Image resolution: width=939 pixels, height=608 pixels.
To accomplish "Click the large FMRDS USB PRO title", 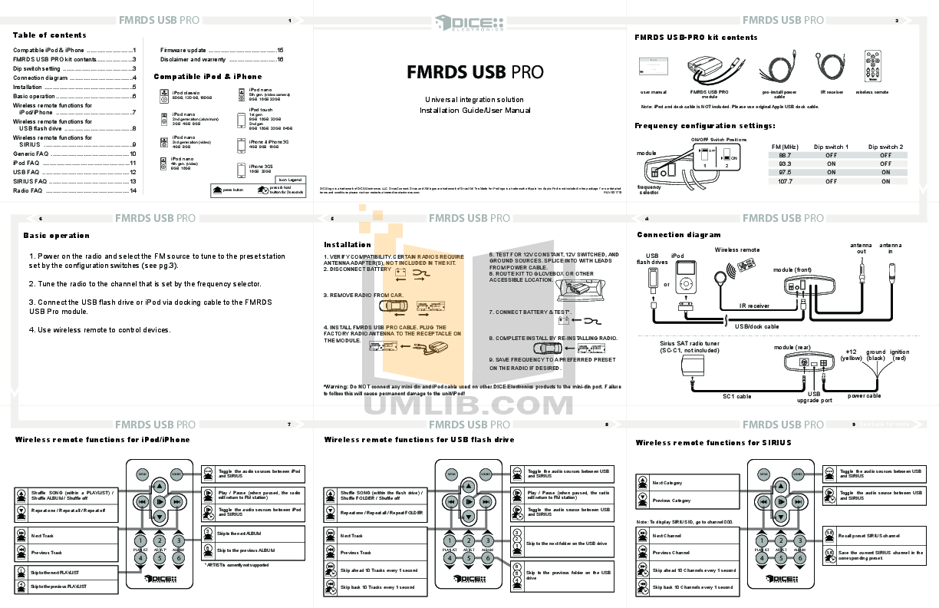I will point(474,72).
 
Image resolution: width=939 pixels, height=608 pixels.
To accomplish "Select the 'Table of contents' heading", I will point(49,35).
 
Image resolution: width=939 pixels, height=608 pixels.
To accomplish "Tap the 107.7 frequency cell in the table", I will point(785,181).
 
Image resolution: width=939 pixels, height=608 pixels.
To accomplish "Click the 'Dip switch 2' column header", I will point(885,146).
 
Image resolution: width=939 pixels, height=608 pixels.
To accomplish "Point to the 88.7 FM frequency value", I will point(785,155).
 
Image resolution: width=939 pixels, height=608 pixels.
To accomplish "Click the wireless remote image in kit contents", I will point(872,66).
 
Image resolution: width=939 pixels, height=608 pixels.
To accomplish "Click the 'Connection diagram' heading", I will point(678,235).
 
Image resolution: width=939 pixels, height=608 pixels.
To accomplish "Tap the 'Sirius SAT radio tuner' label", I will point(690,346).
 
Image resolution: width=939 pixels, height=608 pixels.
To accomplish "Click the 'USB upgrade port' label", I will point(814,397).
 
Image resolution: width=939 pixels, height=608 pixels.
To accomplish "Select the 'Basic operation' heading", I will point(56,236).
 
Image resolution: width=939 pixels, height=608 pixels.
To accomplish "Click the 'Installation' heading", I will point(347,245).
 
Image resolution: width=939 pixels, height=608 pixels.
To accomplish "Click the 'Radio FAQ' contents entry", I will point(28,190).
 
